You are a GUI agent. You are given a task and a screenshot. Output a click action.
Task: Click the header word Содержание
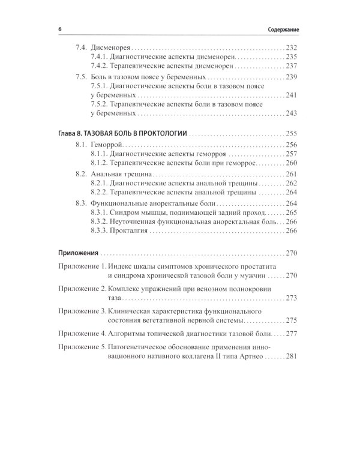[x=283, y=28]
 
